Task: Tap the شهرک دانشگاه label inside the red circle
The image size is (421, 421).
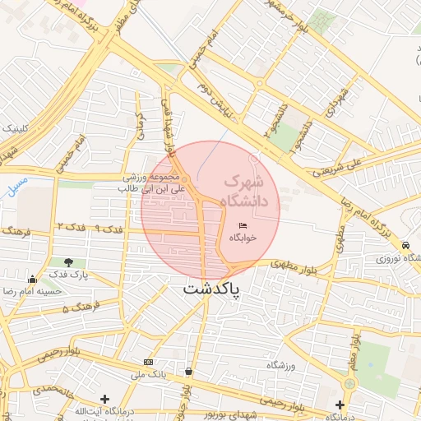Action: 251,189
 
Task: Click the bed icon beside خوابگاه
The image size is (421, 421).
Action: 242,224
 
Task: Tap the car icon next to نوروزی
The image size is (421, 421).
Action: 406,245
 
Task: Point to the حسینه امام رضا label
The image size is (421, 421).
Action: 34,291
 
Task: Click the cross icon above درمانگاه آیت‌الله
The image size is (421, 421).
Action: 104,399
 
